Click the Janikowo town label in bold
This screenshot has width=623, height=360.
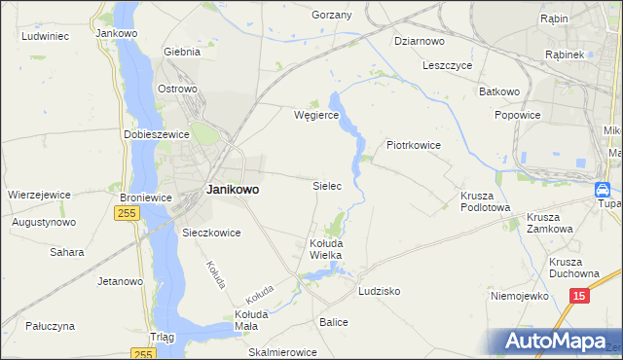point(233,191)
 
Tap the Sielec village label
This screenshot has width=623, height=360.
point(326,184)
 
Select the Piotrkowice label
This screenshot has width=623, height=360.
point(415,145)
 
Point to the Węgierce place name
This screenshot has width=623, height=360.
point(316,114)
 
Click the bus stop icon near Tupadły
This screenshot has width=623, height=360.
point(603,191)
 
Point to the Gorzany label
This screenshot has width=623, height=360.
point(331,16)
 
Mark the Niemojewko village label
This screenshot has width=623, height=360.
point(522,295)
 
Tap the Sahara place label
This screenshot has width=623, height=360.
point(67,251)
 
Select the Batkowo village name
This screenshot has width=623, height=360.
point(499,91)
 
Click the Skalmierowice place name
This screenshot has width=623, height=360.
point(283,352)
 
